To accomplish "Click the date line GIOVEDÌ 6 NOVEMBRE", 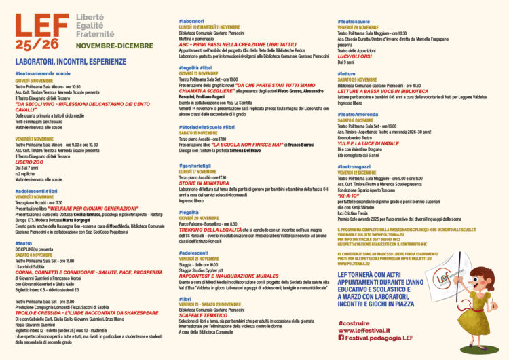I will click(38, 79).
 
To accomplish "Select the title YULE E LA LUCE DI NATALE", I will click(377, 144).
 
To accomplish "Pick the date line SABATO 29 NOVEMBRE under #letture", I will click(364, 79).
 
